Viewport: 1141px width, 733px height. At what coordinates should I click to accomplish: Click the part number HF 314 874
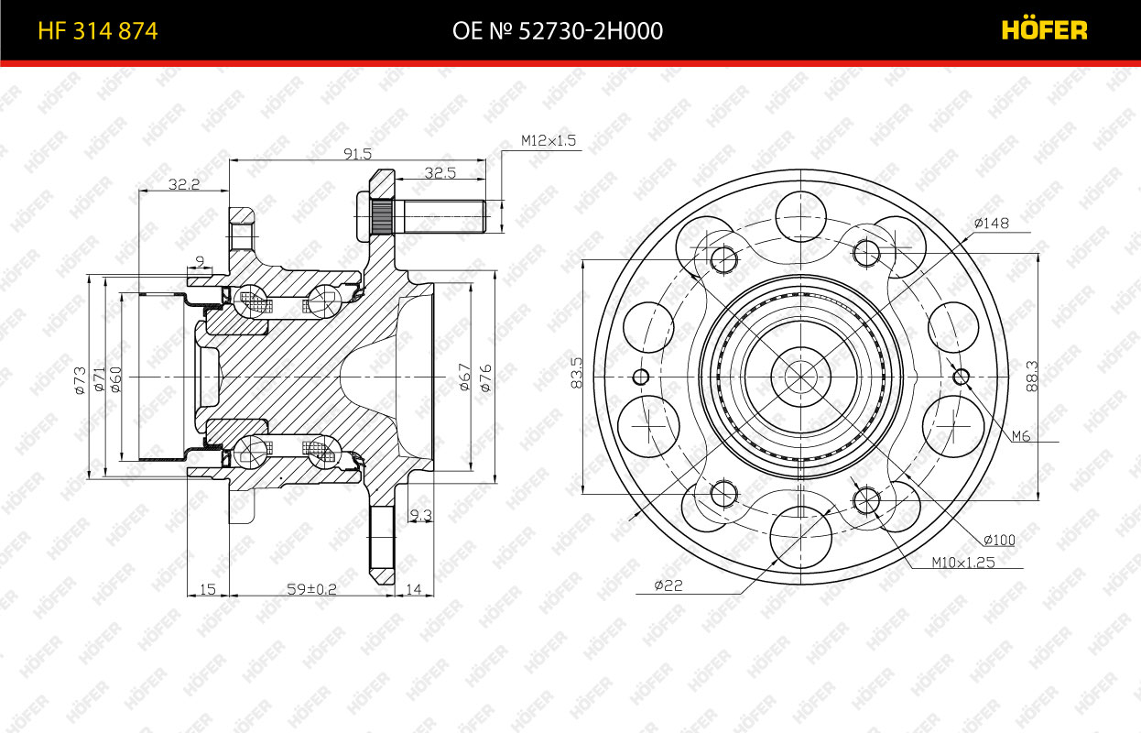[x=98, y=31]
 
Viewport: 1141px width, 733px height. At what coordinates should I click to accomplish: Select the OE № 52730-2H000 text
[x=558, y=31]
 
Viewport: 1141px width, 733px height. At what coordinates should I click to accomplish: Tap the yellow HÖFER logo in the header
[x=1044, y=29]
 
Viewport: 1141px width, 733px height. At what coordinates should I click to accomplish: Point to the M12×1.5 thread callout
[x=549, y=140]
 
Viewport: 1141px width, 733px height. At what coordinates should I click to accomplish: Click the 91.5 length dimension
[x=357, y=153]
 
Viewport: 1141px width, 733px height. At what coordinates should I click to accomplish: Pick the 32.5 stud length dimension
[x=440, y=173]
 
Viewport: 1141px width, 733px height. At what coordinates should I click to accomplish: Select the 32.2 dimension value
[x=184, y=184]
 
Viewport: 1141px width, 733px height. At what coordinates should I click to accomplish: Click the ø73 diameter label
[x=80, y=380]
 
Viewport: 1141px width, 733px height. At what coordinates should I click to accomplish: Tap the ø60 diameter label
[x=115, y=379]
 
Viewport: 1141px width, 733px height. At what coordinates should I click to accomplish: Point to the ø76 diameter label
[x=485, y=377]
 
